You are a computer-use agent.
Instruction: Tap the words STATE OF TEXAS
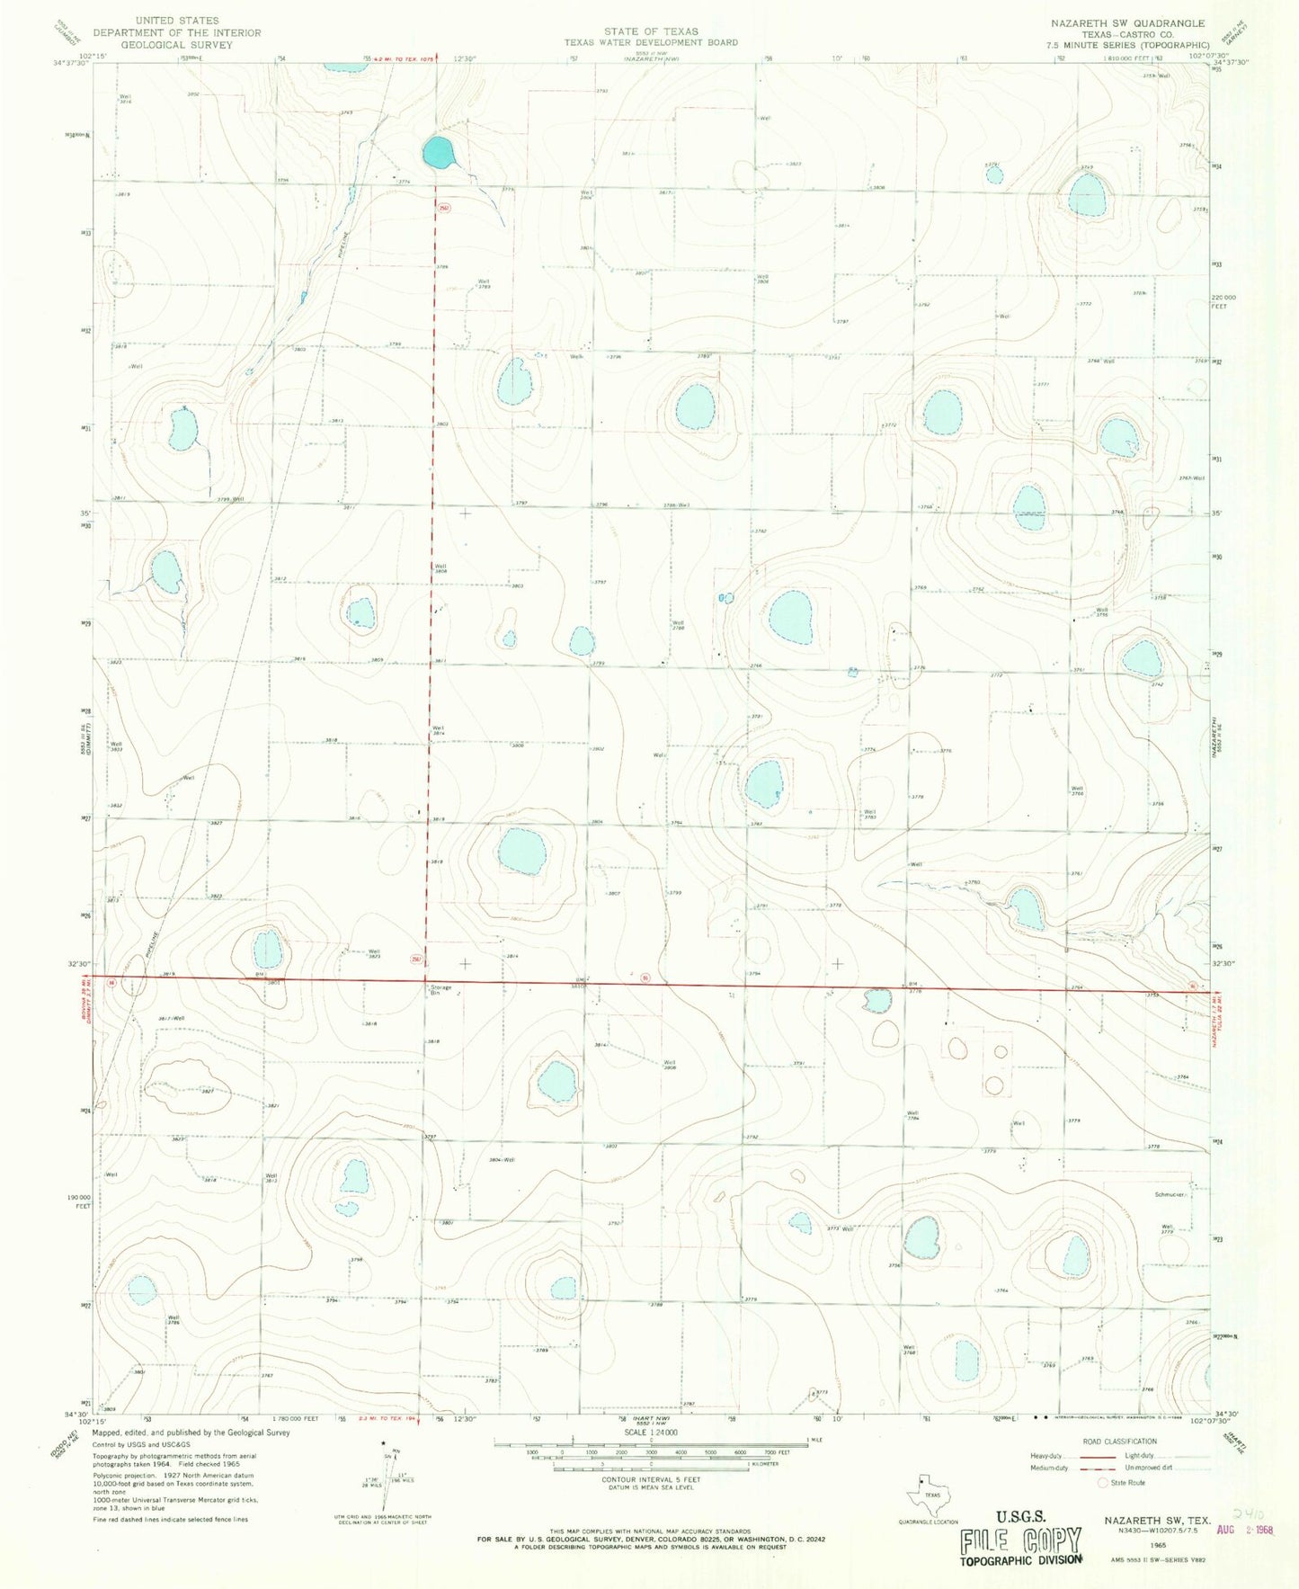tap(651, 31)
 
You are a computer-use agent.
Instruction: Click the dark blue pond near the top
tap(437, 152)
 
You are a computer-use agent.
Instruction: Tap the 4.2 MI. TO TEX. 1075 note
tap(404, 58)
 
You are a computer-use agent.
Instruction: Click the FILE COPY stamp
tap(1020, 1541)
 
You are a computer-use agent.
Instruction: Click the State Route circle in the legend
tap(1103, 1483)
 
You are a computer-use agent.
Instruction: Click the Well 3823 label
tap(374, 955)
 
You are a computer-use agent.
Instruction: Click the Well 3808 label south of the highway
tap(670, 1065)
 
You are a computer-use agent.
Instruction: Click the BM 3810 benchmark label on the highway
tap(580, 983)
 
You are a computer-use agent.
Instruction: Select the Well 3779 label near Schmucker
tap(1168, 1228)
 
